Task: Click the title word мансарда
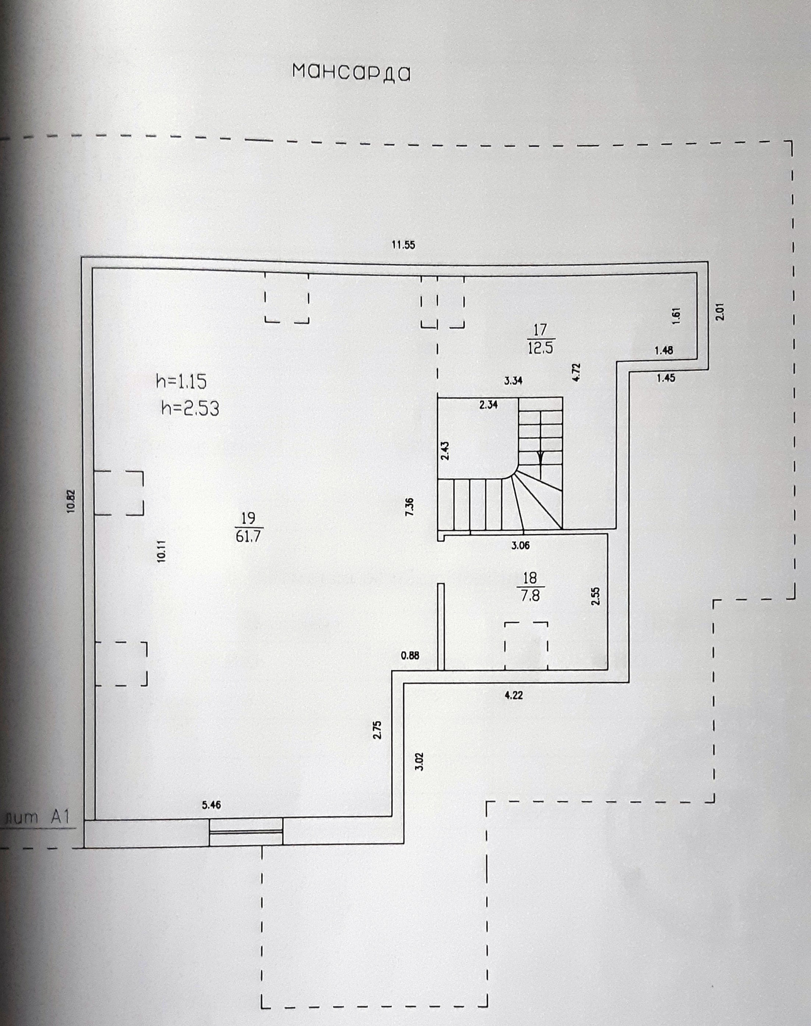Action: pyautogui.click(x=351, y=73)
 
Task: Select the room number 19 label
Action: pyautogui.click(x=249, y=517)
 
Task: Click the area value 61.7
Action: pyautogui.click(x=249, y=536)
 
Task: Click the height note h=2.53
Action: pyautogui.click(x=190, y=408)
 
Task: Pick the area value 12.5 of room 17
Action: pyautogui.click(x=540, y=348)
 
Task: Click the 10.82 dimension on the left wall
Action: pyautogui.click(x=71, y=501)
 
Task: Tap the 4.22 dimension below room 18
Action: pyautogui.click(x=514, y=696)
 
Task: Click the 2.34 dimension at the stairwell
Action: pyautogui.click(x=488, y=405)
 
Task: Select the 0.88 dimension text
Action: pyautogui.click(x=410, y=656)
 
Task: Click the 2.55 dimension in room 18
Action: pyautogui.click(x=596, y=596)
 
